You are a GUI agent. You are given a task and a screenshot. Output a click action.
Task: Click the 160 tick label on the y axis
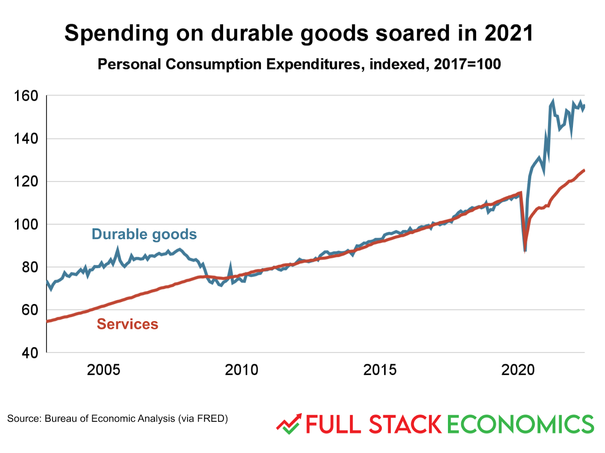click(x=26, y=96)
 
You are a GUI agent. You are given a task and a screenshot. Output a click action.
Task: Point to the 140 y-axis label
click(x=26, y=139)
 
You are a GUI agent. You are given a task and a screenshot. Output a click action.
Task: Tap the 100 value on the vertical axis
click(x=26, y=224)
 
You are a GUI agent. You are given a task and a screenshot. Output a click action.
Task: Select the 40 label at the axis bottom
click(x=30, y=353)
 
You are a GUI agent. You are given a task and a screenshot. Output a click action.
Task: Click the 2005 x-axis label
click(x=103, y=370)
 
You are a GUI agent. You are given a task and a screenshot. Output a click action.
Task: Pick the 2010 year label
click(x=241, y=370)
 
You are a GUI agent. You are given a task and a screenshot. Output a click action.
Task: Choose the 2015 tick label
click(x=380, y=370)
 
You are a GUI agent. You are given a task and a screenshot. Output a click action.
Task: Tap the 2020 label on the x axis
click(x=518, y=370)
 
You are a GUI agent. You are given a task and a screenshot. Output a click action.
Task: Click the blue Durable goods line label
click(x=144, y=234)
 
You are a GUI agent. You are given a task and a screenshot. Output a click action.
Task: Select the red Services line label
click(x=127, y=324)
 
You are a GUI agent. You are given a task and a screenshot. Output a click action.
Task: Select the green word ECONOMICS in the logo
click(x=520, y=424)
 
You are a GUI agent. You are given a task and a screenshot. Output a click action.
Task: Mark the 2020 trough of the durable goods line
click(x=525, y=250)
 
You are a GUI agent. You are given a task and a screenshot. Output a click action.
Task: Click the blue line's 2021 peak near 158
click(x=553, y=101)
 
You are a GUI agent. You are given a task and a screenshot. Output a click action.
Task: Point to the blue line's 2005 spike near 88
click(x=117, y=249)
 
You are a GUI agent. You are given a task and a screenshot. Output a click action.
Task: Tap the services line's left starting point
click(x=47, y=321)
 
